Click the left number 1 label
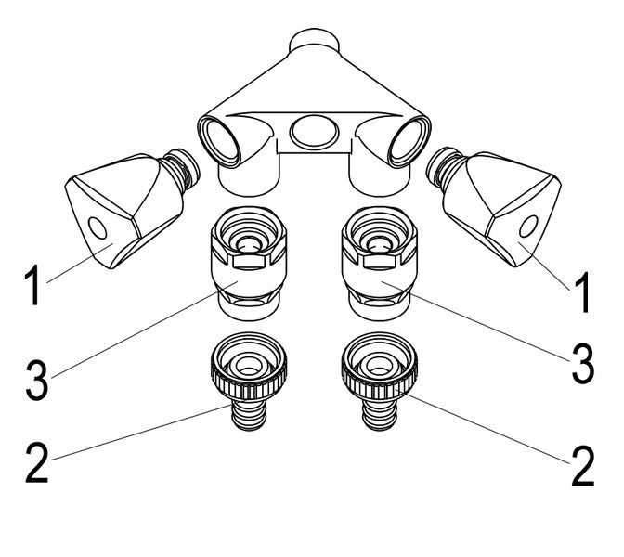32,287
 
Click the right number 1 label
583,291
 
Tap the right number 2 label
582,467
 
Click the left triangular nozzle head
110,213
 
